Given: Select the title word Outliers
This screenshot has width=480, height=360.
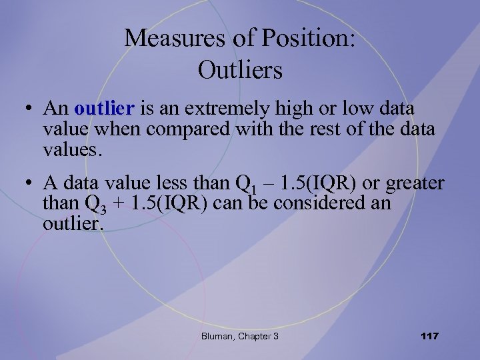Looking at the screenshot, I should (240, 69).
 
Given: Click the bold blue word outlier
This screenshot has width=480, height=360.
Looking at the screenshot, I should (105, 108).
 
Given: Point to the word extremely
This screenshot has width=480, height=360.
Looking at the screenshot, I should (221, 108).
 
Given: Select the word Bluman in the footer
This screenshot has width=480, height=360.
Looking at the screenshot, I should (217, 336).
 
